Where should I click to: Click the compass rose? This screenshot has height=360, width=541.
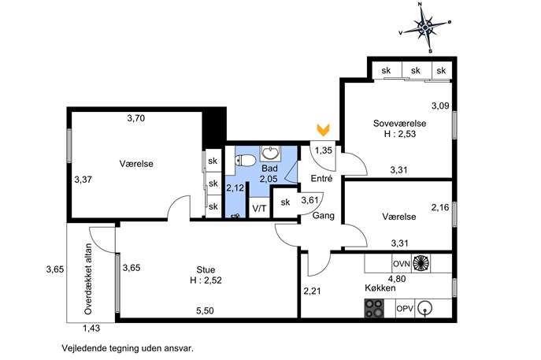425,28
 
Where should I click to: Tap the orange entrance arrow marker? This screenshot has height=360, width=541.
324,129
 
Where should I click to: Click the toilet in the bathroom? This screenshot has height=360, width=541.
244,160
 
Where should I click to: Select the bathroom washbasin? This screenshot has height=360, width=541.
270,153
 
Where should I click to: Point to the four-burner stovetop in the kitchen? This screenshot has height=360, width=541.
374,308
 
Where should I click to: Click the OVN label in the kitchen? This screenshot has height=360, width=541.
402,264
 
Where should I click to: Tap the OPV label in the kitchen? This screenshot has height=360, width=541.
404,309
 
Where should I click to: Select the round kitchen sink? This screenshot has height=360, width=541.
424,308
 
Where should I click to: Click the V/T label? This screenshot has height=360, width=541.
259,209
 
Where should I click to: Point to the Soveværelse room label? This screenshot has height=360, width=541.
399,123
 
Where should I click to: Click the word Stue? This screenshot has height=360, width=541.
206,269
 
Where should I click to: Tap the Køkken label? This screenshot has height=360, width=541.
380,288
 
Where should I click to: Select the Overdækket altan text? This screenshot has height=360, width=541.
88,279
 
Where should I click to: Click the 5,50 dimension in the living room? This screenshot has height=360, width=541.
205,310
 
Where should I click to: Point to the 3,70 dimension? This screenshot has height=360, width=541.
136,118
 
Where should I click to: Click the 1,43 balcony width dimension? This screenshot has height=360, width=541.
91,328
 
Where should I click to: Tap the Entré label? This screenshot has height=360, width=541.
321,179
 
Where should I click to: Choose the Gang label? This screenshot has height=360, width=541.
324,215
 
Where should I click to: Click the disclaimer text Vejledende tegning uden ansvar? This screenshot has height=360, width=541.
128,348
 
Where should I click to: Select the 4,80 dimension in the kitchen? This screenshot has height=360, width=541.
397,278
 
